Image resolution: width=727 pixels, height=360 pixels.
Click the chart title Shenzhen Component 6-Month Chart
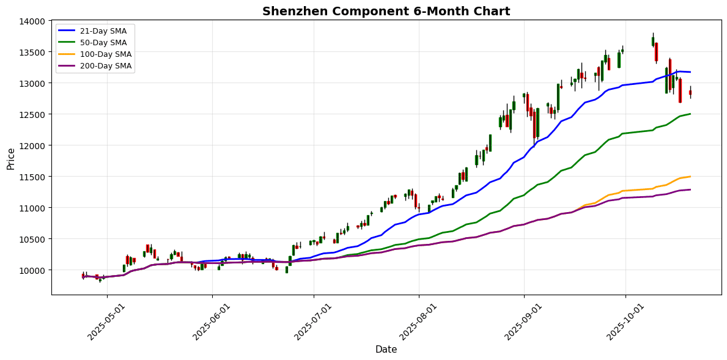386,11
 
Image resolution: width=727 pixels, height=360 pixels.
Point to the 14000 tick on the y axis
32,21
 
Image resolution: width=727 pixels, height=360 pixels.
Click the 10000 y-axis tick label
32,270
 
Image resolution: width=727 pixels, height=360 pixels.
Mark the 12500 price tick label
32,114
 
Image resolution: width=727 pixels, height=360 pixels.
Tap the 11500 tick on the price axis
32,177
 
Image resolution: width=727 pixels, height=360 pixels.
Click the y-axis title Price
10,158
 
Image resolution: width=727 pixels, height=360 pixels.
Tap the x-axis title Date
386,350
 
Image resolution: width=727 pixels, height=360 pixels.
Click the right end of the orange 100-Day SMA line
690,177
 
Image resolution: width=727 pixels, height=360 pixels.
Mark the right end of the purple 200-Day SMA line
690,189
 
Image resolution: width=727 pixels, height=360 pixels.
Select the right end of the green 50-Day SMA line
690,114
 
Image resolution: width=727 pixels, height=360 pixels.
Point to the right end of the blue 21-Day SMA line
690,72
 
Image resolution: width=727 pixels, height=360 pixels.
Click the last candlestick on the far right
690,92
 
